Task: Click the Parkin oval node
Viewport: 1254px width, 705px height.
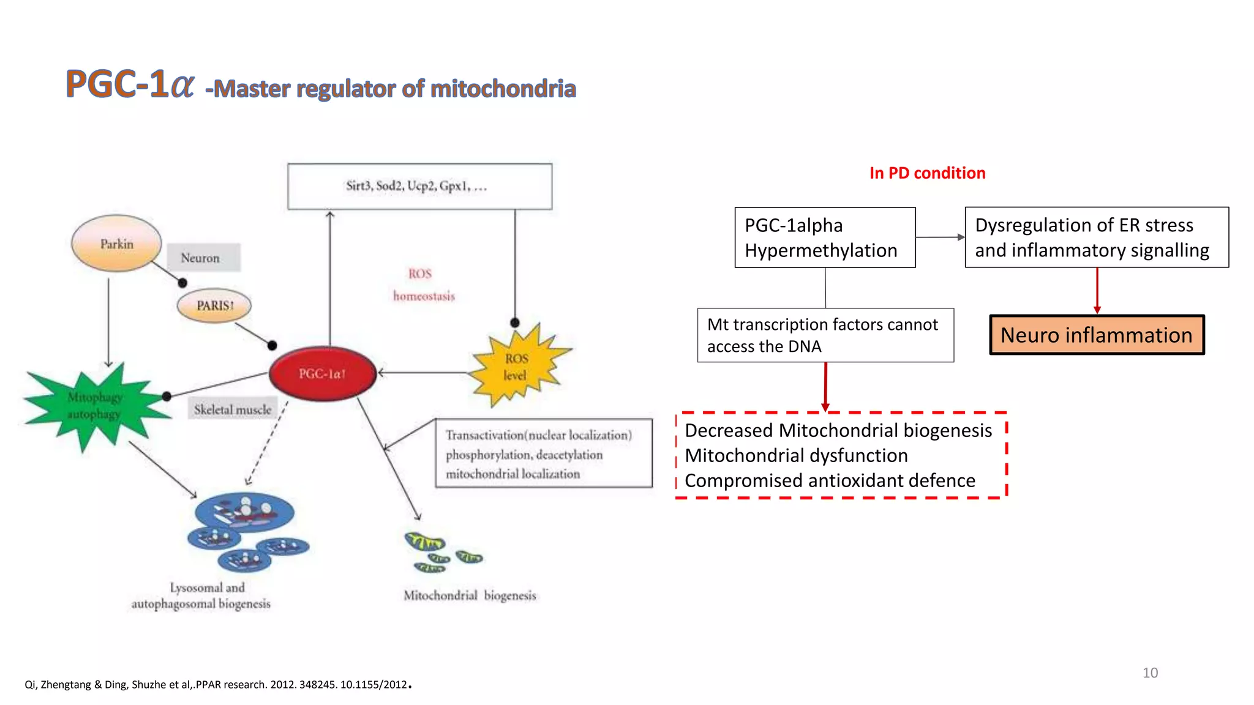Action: click(116, 244)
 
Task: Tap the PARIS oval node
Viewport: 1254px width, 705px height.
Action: click(214, 305)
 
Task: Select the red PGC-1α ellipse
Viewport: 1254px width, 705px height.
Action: click(323, 373)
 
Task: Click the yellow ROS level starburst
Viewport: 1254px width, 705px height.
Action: click(516, 367)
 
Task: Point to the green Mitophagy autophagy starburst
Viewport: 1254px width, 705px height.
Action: click(95, 405)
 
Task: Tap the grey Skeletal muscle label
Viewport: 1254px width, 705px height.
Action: click(233, 409)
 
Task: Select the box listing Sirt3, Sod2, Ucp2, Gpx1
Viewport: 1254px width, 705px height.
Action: click(419, 186)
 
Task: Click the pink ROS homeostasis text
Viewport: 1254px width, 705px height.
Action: click(423, 285)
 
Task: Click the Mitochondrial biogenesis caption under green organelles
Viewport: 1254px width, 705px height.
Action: click(470, 595)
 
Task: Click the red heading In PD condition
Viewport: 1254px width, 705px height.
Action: click(927, 173)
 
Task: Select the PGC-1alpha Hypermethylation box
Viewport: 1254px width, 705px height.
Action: click(824, 237)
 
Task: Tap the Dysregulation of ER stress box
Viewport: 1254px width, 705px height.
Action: click(1096, 237)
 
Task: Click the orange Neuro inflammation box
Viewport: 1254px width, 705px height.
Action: click(1096, 335)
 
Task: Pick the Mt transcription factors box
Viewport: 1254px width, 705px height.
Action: click(825, 335)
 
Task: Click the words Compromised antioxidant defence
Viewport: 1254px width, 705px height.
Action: click(829, 481)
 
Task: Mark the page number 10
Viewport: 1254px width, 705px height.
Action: click(1150, 673)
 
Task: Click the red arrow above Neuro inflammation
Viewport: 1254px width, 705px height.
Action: click(1097, 291)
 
